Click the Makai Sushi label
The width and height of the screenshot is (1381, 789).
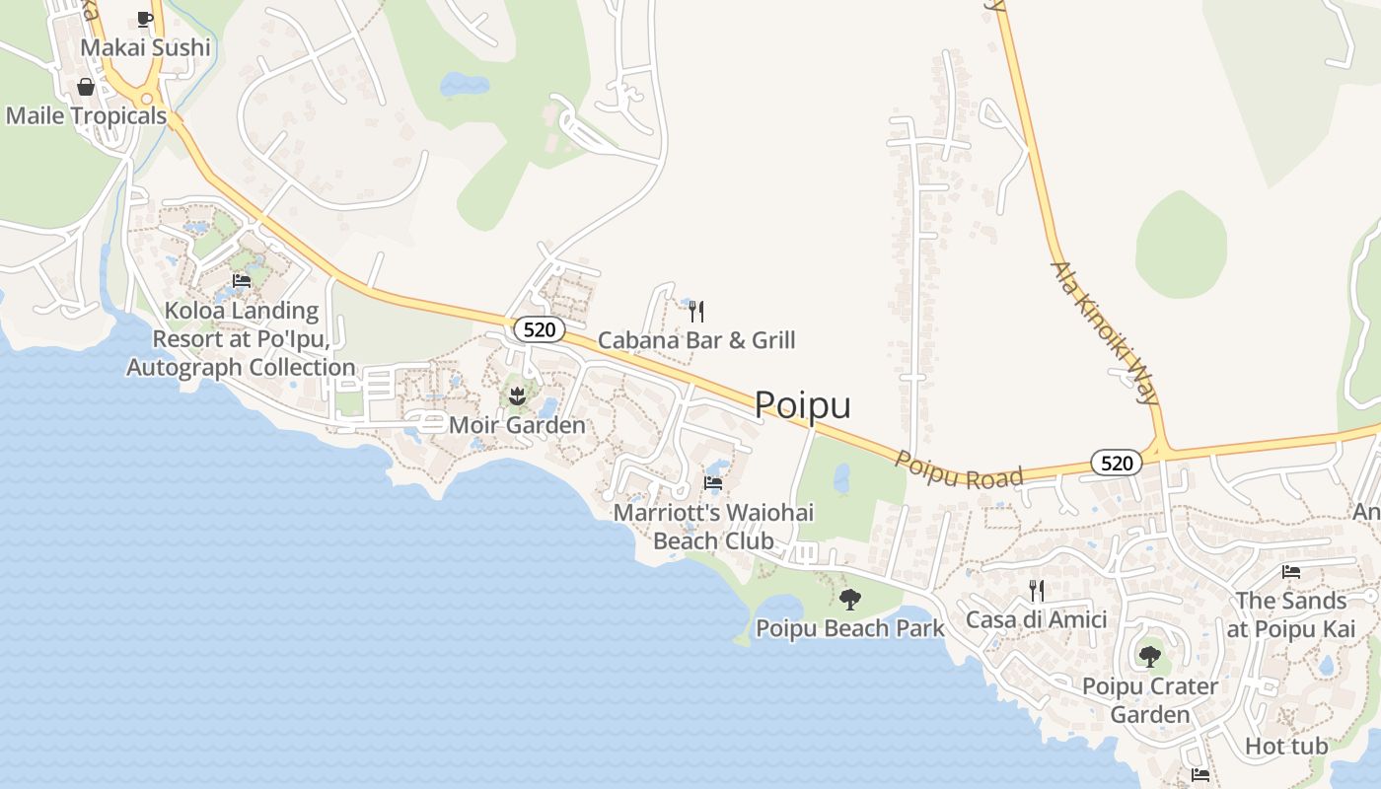[x=145, y=47]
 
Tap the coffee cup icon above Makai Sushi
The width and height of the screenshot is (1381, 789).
[x=145, y=18]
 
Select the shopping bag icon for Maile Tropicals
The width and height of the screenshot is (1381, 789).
[x=86, y=87]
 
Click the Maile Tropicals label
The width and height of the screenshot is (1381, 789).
[x=86, y=115]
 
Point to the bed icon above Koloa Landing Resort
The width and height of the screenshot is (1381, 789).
[x=242, y=281]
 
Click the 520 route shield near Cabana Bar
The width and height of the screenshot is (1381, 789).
[x=539, y=329]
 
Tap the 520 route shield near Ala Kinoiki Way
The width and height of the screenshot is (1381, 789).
[x=1116, y=463]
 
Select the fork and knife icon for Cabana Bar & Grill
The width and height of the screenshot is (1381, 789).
[x=696, y=312]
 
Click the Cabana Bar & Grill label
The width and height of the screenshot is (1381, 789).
[x=696, y=341]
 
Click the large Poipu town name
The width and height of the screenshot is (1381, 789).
[x=802, y=405]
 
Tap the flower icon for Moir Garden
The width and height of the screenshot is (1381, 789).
[x=516, y=396]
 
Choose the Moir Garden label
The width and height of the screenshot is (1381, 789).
[x=517, y=425]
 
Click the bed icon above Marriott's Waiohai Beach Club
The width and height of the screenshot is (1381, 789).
[x=713, y=483]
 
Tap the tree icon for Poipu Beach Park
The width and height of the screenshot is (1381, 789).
[x=849, y=599]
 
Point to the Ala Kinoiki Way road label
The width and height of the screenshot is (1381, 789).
[x=1105, y=333]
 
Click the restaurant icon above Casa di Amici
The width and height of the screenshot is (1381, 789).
[x=1036, y=591]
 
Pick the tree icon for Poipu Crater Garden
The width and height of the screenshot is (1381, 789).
[x=1149, y=656]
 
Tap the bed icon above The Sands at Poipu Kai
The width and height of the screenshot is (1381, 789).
[x=1290, y=572]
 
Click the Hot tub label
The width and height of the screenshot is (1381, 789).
[x=1286, y=746]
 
